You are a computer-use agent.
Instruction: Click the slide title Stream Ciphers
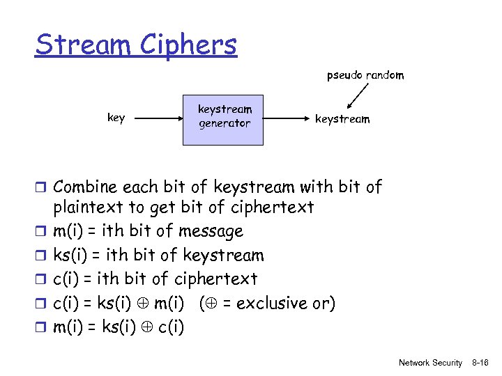tap(136, 45)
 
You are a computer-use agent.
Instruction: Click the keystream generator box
tap(223, 119)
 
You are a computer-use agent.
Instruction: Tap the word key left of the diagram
tap(116, 118)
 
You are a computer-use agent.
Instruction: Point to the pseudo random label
tap(365, 75)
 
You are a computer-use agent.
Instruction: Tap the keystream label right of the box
tap(342, 119)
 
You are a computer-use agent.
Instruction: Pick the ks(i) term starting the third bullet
tap(71, 256)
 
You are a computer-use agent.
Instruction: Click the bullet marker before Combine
tap(43, 187)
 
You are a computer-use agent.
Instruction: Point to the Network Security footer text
tap(430, 363)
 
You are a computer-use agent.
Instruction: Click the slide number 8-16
tap(480, 363)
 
